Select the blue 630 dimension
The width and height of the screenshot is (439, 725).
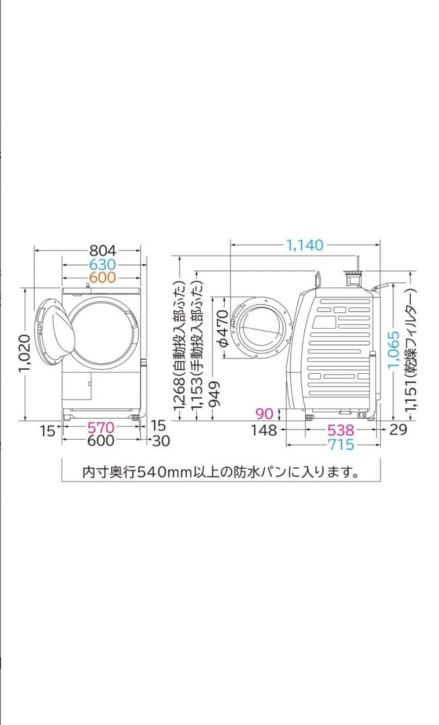pos(102,264)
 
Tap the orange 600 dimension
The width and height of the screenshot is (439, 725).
pos(102,277)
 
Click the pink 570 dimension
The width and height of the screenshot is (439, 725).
pos(101,428)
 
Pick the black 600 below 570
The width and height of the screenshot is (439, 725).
pos(101,441)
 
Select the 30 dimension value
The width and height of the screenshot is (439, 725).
pos(161,441)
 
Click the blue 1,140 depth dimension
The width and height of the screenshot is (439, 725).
pos(305,246)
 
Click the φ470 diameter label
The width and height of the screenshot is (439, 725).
pos(223,326)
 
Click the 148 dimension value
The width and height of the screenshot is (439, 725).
pos(264,430)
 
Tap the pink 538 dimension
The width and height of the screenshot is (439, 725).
pos(341,430)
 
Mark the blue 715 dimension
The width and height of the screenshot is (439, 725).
pos(341,444)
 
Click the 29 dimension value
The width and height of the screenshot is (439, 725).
pos(398,430)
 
